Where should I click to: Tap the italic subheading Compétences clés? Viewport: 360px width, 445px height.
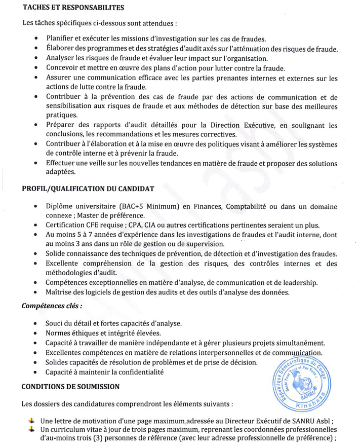pyautogui.click(x=52, y=306)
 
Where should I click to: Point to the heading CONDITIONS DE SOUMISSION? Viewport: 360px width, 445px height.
pyautogui.click(x=70, y=387)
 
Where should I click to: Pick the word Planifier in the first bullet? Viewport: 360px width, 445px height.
pyautogui.click(x=61, y=39)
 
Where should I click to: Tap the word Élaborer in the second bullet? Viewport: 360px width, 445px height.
pyautogui.click(x=60, y=49)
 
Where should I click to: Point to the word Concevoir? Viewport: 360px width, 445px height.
pyautogui.click(x=63, y=68)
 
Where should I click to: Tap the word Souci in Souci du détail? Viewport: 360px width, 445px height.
pyautogui.click(x=55, y=323)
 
